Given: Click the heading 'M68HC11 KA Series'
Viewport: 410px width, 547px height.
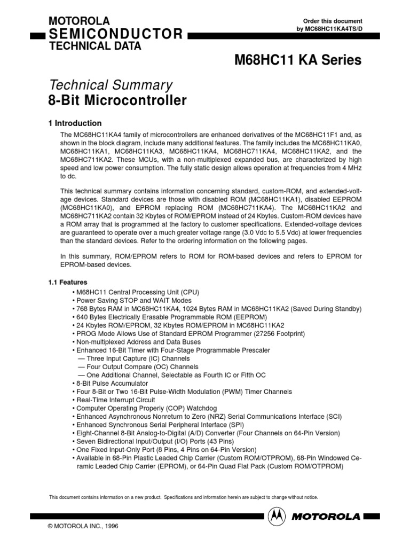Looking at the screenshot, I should pyautogui.click(x=298, y=60).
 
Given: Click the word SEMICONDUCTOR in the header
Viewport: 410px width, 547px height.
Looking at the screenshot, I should pyautogui.click(x=115, y=35).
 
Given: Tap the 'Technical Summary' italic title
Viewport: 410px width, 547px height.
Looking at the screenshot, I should pyautogui.click(x=111, y=84).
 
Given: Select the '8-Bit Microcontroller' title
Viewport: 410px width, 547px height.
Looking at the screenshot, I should pyautogui.click(x=117, y=100).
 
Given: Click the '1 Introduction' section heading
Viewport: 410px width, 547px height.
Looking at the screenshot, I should pyautogui.click(x=75, y=123).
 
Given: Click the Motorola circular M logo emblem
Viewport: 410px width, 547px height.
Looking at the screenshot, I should pyautogui.click(x=277, y=516).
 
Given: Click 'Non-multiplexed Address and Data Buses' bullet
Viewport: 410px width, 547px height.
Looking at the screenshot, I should pyautogui.click(x=136, y=342).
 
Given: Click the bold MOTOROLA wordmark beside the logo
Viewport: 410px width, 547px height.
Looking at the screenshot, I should pyautogui.click(x=327, y=516).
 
